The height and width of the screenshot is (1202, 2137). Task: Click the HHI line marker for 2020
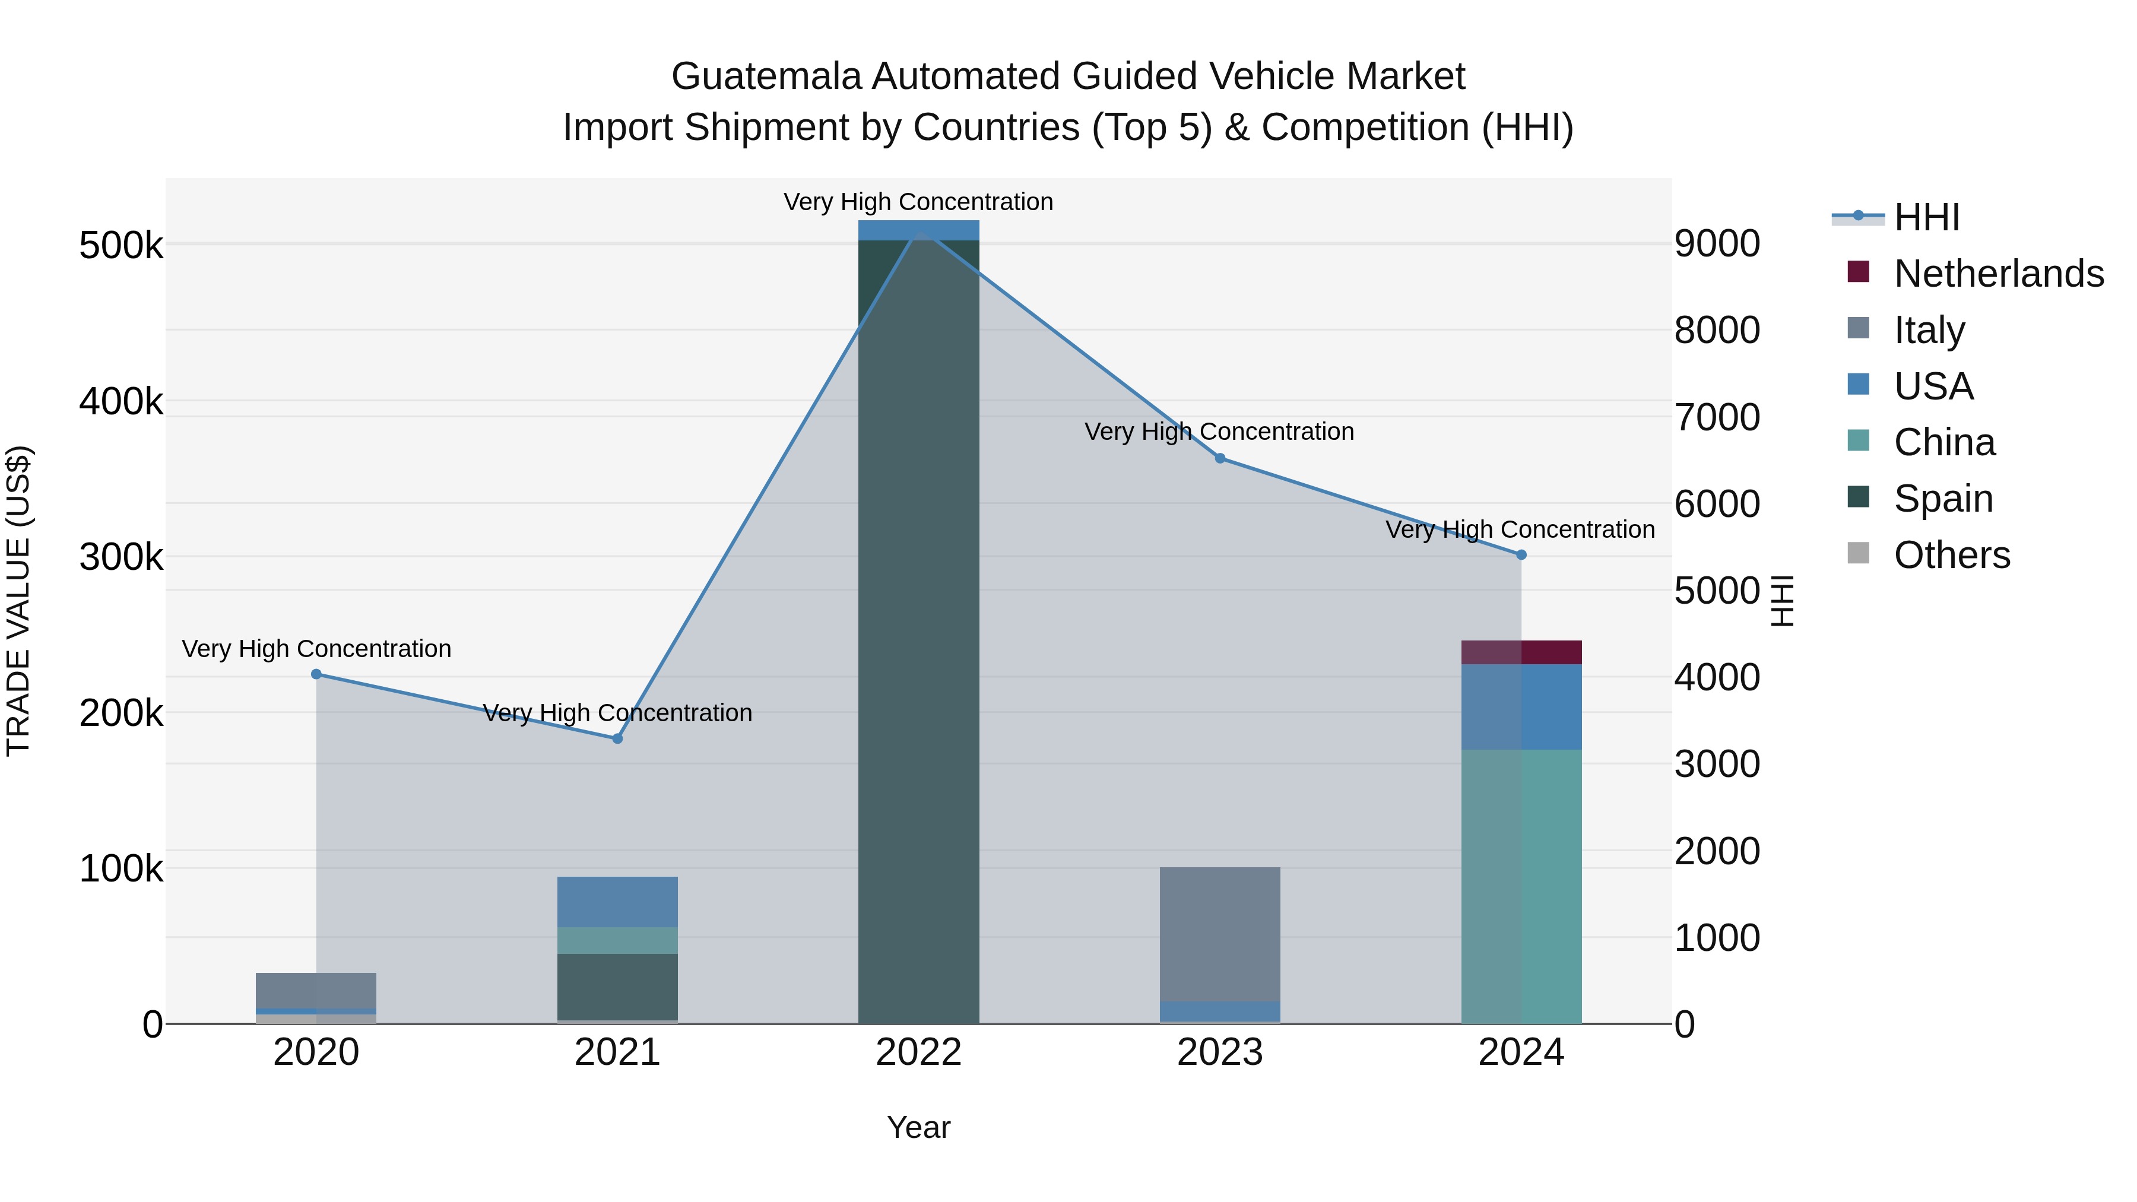pyautogui.click(x=316, y=674)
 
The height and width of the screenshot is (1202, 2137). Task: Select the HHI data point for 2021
pyautogui.click(x=617, y=738)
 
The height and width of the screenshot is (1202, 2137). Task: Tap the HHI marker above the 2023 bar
pyautogui.click(x=1219, y=458)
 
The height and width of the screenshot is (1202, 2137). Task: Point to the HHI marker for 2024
pyautogui.click(x=1521, y=555)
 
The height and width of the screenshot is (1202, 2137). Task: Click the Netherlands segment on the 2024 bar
pyautogui.click(x=1521, y=652)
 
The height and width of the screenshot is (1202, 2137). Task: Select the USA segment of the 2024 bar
pyautogui.click(x=1521, y=707)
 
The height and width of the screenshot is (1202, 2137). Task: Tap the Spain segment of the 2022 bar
pyautogui.click(x=918, y=630)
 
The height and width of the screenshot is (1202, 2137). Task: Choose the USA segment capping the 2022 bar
pyautogui.click(x=918, y=230)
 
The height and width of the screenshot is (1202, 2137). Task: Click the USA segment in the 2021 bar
pyautogui.click(x=617, y=902)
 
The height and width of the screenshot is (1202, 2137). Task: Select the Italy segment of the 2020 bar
pyautogui.click(x=316, y=991)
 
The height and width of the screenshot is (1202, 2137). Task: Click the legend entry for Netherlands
pyautogui.click(x=1998, y=274)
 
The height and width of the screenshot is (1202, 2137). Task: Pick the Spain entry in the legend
pyautogui.click(x=1942, y=499)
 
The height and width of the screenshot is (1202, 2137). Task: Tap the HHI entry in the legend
pyautogui.click(x=1926, y=217)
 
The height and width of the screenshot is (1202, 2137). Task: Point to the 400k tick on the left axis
pyautogui.click(x=121, y=401)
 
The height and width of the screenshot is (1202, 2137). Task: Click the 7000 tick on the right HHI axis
pyautogui.click(x=1716, y=417)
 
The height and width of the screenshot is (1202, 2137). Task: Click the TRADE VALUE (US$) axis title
pyautogui.click(x=18, y=601)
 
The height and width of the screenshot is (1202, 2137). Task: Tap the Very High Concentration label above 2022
pyautogui.click(x=918, y=202)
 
